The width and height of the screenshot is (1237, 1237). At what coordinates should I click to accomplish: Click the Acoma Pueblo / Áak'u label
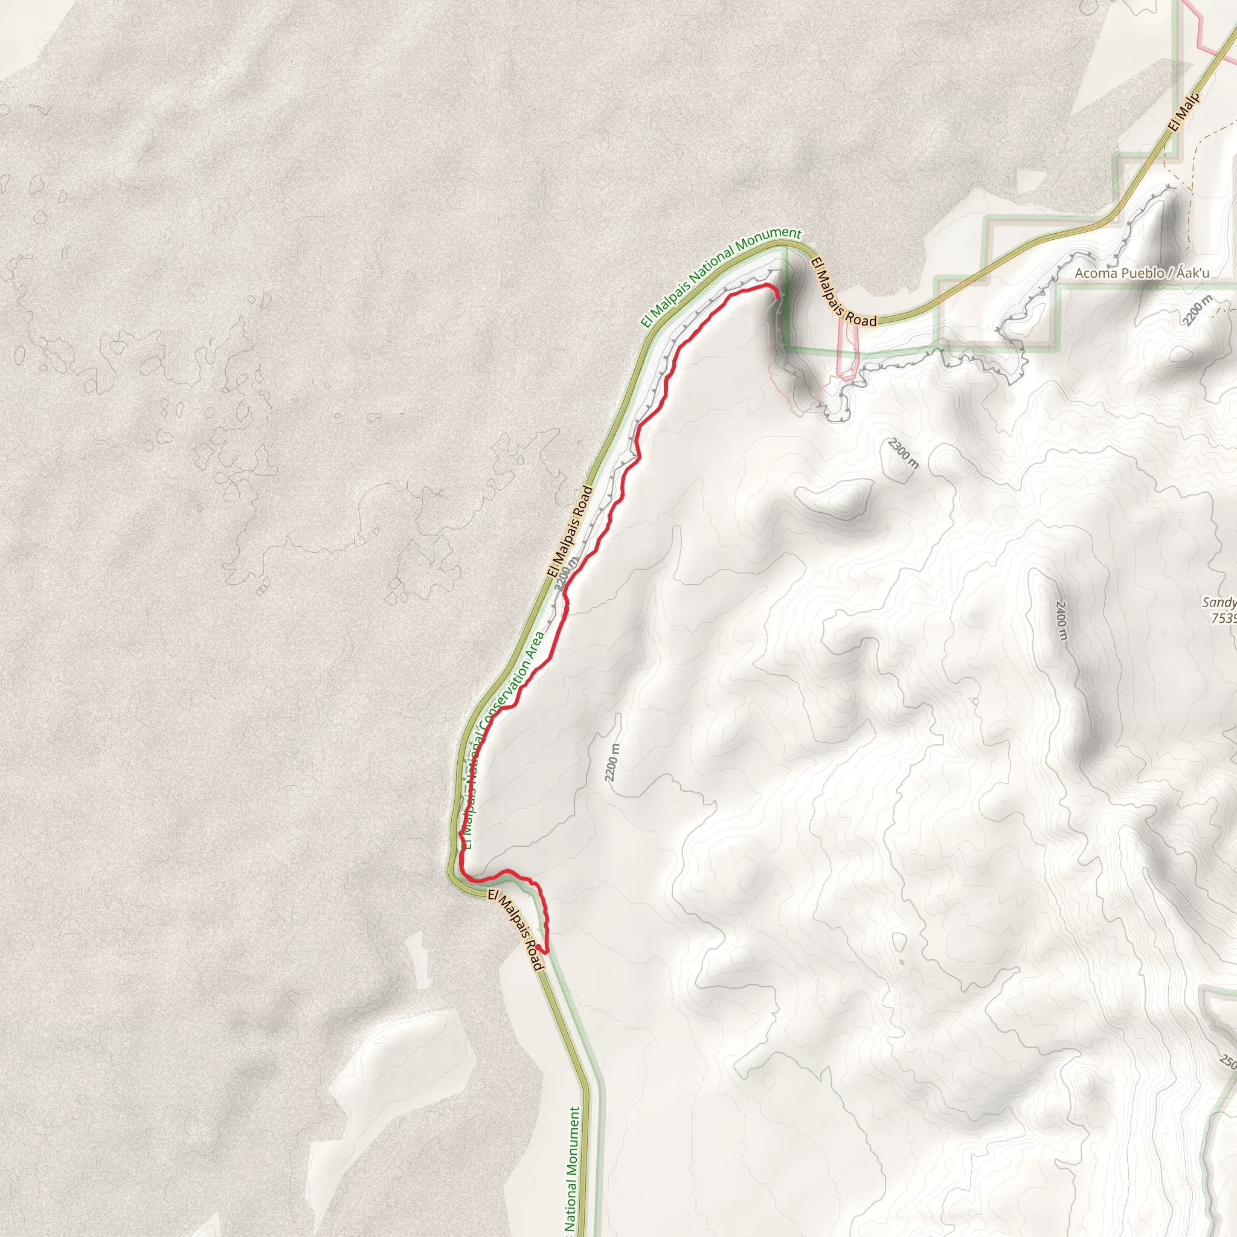(1142, 274)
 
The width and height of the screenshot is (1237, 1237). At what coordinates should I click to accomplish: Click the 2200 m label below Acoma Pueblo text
(1197, 310)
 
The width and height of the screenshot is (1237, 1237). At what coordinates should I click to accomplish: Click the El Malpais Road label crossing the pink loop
(843, 292)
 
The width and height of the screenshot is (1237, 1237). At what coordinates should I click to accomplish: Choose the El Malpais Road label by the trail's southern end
(515, 929)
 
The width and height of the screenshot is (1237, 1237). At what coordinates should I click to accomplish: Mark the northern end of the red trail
(777, 298)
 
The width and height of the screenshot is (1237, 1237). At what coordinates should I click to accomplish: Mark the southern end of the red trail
(544, 952)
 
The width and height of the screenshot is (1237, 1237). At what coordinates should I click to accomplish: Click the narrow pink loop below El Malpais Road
(847, 349)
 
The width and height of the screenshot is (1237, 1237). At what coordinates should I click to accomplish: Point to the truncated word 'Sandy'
(1218, 602)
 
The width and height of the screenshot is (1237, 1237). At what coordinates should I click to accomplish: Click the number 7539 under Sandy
(1223, 618)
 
